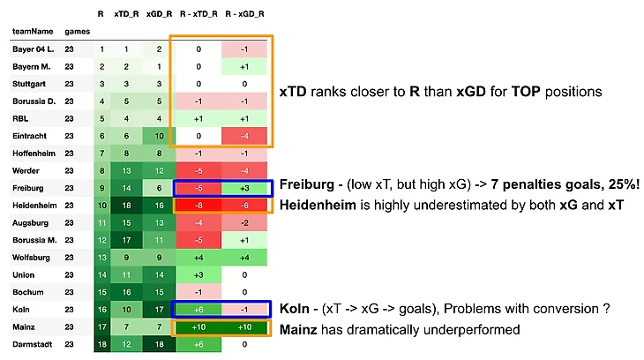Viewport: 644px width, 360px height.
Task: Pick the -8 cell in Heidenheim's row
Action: [199, 204]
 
